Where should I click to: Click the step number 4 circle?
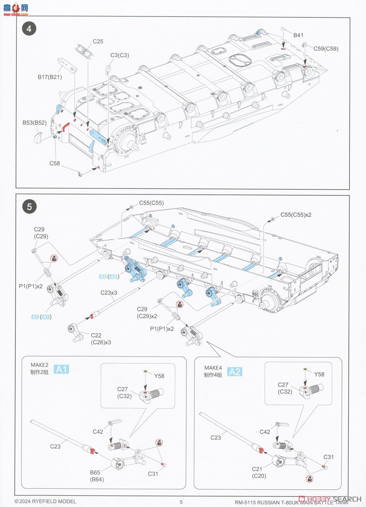click(29, 29)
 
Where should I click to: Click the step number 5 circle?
click(29, 207)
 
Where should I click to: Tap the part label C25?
click(98, 41)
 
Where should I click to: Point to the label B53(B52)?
click(34, 123)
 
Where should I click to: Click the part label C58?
click(55, 163)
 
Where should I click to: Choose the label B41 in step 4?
click(298, 35)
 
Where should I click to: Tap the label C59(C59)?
click(325, 49)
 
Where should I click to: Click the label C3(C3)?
click(120, 55)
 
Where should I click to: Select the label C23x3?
click(108, 292)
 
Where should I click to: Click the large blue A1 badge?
click(62, 370)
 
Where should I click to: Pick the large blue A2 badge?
click(235, 371)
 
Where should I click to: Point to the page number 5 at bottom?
click(181, 502)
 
